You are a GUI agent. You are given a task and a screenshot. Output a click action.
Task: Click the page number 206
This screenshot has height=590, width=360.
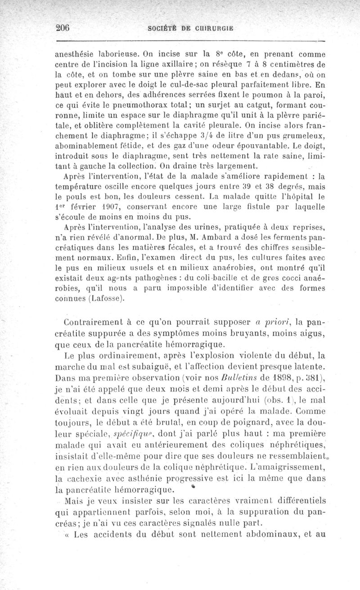61,27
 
